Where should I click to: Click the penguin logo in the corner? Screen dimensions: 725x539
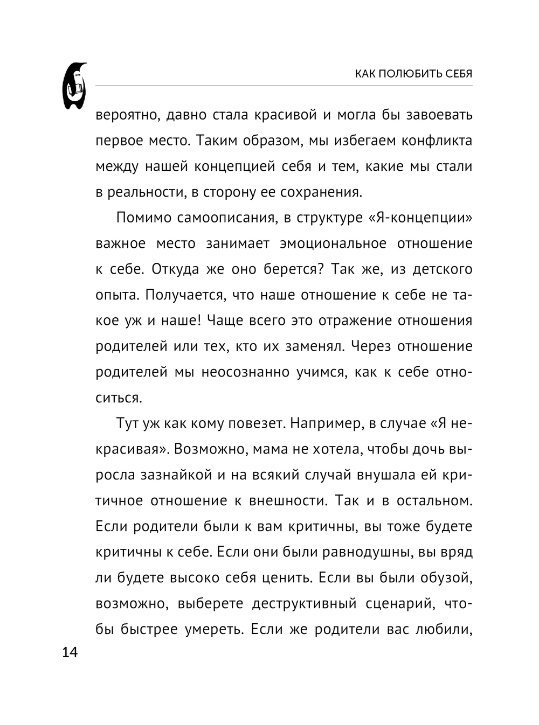pyautogui.click(x=74, y=86)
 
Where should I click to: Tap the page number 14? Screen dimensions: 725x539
pyautogui.click(x=70, y=653)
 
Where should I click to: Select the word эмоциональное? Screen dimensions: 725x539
pyautogui.click(x=333, y=243)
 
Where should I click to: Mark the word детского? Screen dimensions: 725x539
pyautogui.click(x=442, y=269)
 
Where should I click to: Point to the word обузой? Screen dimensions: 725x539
pyautogui.click(x=443, y=578)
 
